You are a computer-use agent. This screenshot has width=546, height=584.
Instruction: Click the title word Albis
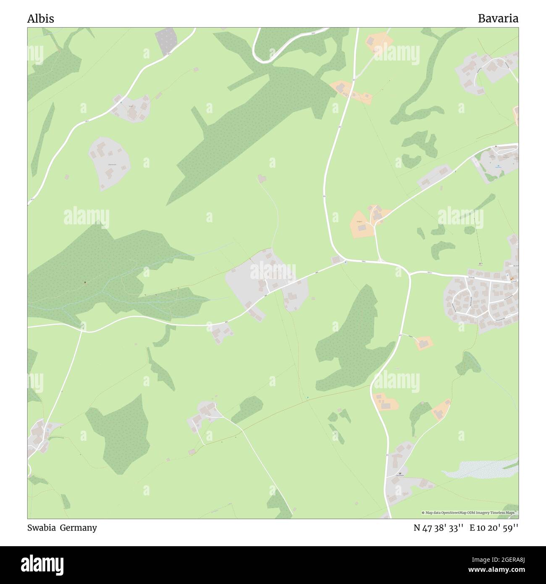[x=40, y=18]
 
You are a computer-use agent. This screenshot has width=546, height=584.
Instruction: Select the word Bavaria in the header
[x=498, y=18]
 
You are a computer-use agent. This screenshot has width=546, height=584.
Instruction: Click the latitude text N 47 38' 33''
[x=438, y=528]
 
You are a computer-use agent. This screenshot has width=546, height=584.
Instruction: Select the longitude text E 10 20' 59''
[x=494, y=528]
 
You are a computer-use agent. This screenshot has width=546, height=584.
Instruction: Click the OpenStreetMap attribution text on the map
[x=470, y=513]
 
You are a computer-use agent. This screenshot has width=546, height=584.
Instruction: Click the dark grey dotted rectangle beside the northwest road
[x=167, y=41]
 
